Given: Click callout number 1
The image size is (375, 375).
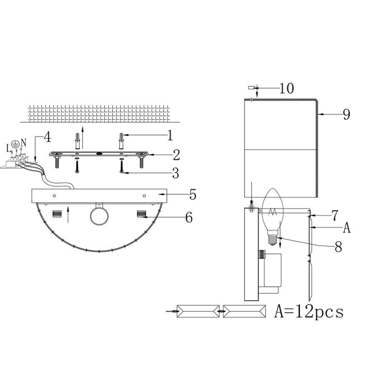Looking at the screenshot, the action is point(170,135).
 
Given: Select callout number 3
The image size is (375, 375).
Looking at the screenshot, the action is point(176,173).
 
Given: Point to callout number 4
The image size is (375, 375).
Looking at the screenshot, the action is point(47,137).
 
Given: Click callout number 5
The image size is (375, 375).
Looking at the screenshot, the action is point(193,195).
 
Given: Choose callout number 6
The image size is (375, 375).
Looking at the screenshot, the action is point(189,217).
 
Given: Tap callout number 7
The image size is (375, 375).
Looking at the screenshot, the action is point(335,215).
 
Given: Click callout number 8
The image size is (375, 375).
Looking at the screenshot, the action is point(338,247).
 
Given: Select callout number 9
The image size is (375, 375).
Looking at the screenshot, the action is point(347,114).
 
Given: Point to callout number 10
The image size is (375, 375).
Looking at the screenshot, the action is point(287,88).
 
